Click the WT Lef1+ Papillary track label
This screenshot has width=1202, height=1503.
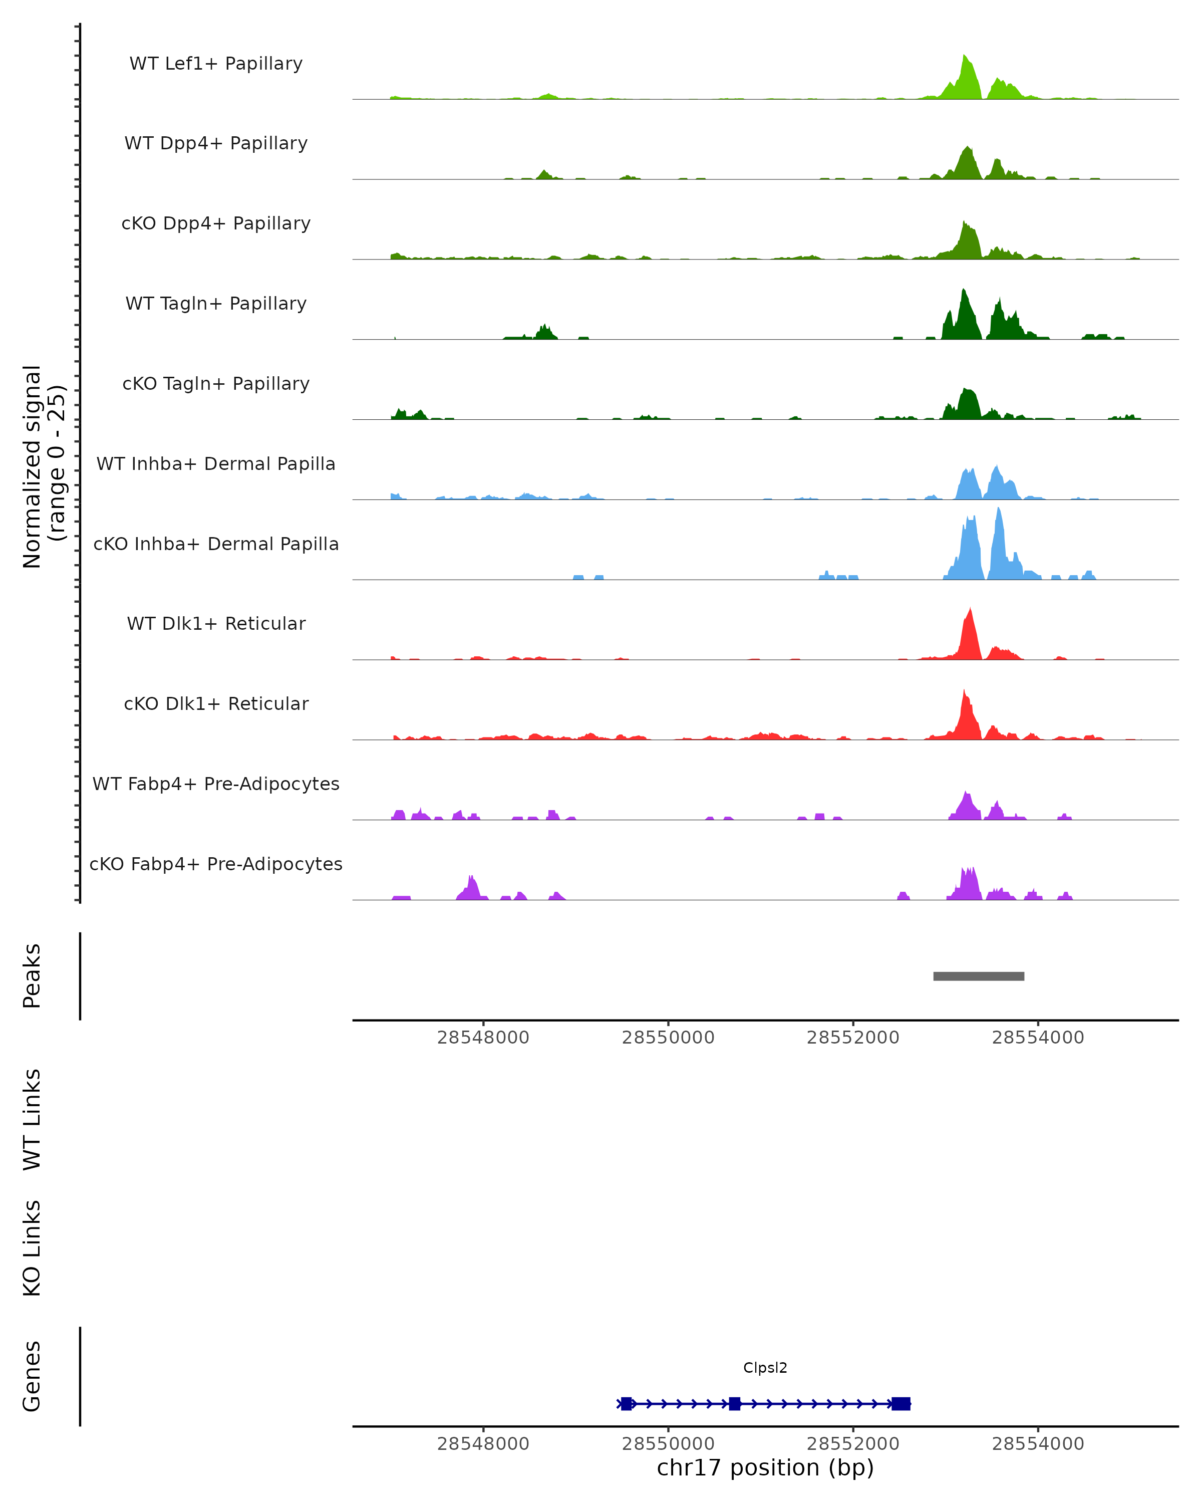pyautogui.click(x=216, y=64)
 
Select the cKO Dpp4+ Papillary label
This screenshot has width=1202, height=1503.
pyautogui.click(x=216, y=224)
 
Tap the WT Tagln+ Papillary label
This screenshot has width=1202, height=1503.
pyautogui.click(x=216, y=304)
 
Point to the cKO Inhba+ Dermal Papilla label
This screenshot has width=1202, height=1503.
pyautogui.click(x=216, y=545)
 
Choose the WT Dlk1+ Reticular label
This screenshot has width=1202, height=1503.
pyautogui.click(x=216, y=624)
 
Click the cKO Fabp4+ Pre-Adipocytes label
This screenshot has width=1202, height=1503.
pyautogui.click(x=216, y=864)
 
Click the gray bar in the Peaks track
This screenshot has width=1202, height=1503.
pyautogui.click(x=978, y=976)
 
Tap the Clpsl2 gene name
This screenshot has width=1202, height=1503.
pyautogui.click(x=765, y=1368)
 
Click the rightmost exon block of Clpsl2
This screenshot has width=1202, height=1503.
pyautogui.click(x=900, y=1403)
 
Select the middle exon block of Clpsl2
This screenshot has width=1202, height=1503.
pyautogui.click(x=734, y=1403)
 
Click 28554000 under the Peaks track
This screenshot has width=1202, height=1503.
pyautogui.click(x=1038, y=1038)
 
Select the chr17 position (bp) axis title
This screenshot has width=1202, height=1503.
pyautogui.click(x=765, y=1468)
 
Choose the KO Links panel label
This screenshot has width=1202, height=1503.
pyautogui.click(x=32, y=1248)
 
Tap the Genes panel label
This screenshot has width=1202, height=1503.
pyautogui.click(x=32, y=1376)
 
